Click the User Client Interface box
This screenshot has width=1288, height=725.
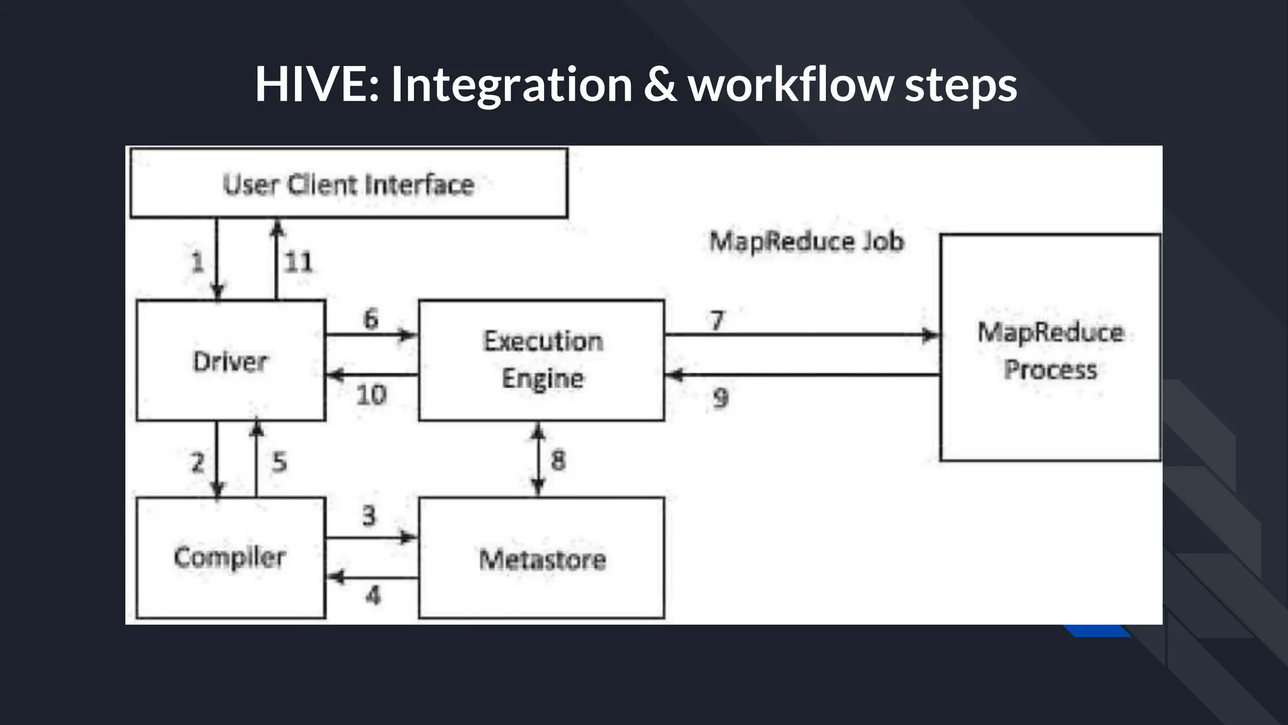click(x=348, y=184)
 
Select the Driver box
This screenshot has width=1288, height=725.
click(x=230, y=361)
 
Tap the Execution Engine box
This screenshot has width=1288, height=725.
click(x=541, y=360)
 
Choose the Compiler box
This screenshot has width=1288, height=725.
click(x=230, y=558)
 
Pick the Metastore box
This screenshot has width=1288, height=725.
click(x=541, y=559)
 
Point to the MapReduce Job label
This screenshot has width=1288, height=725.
click(x=806, y=241)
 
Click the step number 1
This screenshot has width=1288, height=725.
click(x=197, y=262)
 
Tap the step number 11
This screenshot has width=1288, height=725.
click(x=298, y=262)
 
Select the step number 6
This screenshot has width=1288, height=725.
click(x=371, y=318)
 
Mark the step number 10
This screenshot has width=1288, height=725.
click(x=371, y=395)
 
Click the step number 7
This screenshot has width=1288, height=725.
click(x=717, y=320)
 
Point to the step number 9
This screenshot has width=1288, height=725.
click(x=721, y=398)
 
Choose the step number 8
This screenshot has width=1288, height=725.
click(x=558, y=461)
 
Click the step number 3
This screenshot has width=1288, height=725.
click(x=369, y=515)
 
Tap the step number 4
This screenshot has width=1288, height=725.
click(x=373, y=595)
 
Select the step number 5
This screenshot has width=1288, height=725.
click(x=279, y=463)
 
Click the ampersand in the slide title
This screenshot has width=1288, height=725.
click(x=660, y=84)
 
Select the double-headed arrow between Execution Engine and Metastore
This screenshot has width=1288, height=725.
click(x=538, y=459)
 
